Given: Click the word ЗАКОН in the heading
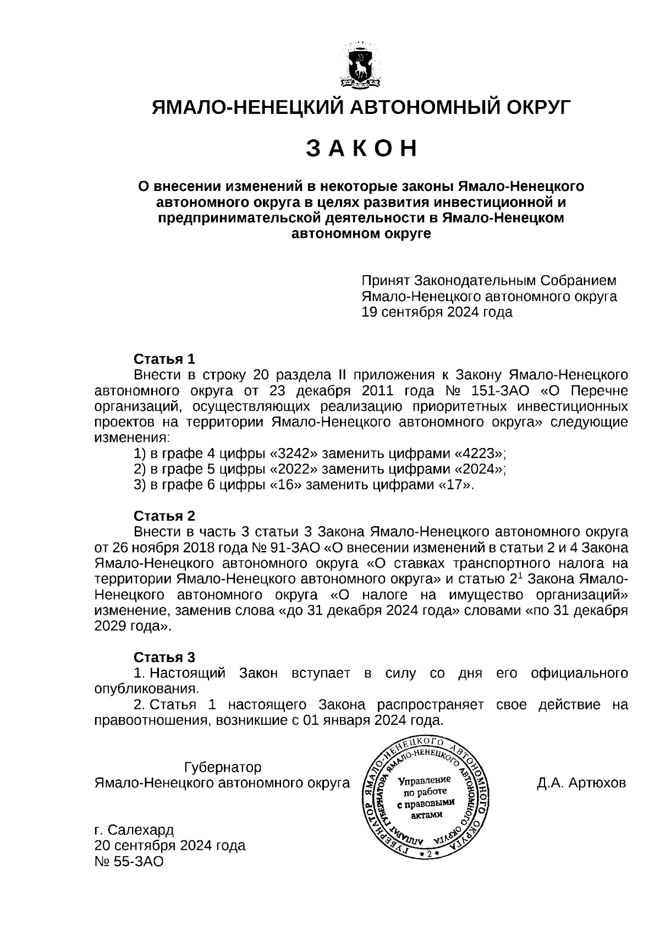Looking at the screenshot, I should click(361, 149).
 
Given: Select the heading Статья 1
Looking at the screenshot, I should click(164, 359).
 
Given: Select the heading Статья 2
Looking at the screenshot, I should click(164, 516).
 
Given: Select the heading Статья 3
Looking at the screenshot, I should click(164, 657).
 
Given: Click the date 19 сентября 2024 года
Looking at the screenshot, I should click(437, 312).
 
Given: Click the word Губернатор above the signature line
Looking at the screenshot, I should click(223, 767).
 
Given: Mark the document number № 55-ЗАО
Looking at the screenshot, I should click(129, 861).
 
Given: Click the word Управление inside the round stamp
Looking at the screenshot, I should click(424, 780).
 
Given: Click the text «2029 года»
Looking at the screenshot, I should click(133, 626).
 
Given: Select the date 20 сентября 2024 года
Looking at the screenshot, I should click(170, 845).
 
